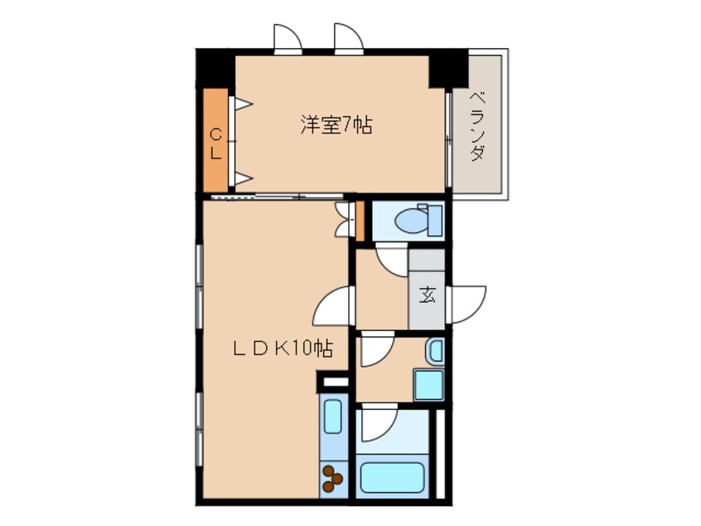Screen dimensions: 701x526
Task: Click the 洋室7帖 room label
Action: point(336,125)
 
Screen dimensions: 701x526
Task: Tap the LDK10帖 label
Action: point(283,348)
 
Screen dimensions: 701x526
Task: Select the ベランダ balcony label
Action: point(477,126)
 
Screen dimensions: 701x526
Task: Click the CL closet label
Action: point(216,144)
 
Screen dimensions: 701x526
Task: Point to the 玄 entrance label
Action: point(427,295)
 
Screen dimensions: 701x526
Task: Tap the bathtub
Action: point(392,477)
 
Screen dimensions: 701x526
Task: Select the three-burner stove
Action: point(333,479)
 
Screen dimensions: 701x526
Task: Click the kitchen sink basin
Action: point(332,416)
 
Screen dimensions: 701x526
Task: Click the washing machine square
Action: point(428,384)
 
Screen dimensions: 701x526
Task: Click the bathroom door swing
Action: point(380,422)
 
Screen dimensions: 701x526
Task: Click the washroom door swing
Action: point(377,348)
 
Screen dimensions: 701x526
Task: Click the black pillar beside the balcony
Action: point(448,69)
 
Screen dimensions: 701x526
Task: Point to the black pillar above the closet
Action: point(215,69)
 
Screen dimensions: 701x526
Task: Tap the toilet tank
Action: point(435,220)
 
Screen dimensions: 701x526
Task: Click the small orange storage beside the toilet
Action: point(360,222)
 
